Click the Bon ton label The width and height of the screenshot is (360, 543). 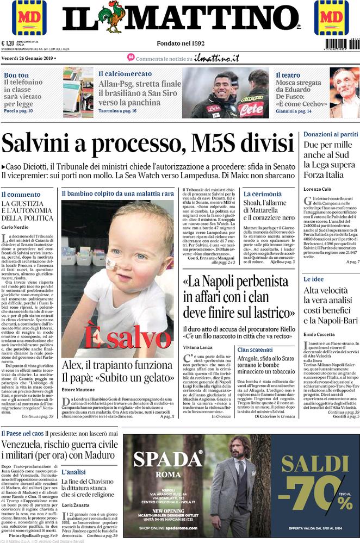[x=16, y=75]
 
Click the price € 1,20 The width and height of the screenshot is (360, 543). [x=9, y=44]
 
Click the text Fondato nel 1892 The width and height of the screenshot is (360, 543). [x=181, y=43]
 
